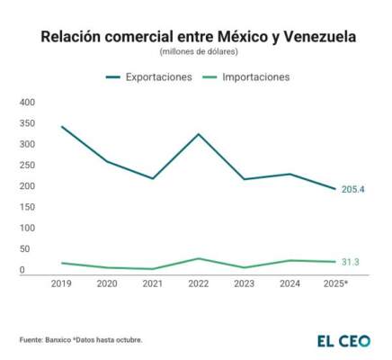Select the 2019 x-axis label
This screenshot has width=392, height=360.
[61, 283]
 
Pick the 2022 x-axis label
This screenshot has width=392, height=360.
[199, 283]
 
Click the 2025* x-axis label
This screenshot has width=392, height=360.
[335, 283]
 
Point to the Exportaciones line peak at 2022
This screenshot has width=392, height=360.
[199, 134]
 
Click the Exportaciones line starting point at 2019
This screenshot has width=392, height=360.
[61, 127]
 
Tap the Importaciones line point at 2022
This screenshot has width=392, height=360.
[199, 258]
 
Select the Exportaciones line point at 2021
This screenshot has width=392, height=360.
[153, 178]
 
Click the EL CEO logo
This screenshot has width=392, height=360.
[343, 341]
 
